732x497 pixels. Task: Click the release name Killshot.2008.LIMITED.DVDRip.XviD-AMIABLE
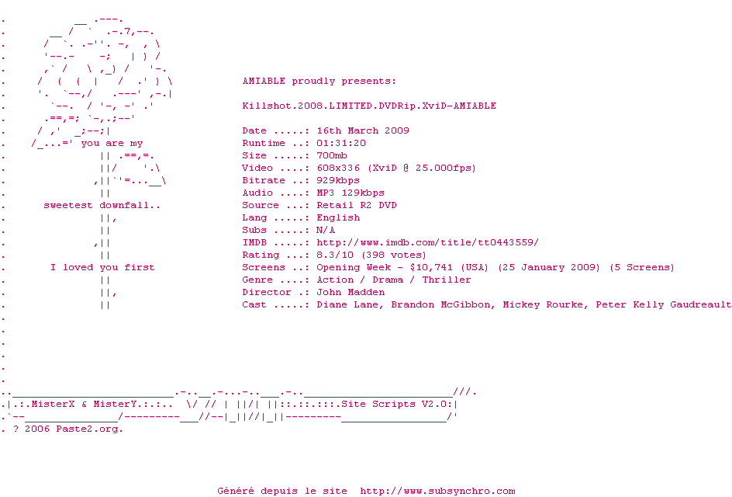[x=369, y=106]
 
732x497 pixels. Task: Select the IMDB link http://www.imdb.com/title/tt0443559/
[x=427, y=242]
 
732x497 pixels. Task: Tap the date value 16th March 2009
[x=363, y=130]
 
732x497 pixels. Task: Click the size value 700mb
[x=332, y=155]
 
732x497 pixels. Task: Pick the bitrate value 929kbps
[x=338, y=180]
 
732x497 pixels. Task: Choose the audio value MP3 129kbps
[x=350, y=193]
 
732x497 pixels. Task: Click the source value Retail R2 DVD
[x=357, y=205]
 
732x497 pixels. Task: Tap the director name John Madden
[x=350, y=292]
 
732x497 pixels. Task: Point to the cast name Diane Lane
[x=347, y=304]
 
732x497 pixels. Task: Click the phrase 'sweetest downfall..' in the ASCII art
[x=102, y=205]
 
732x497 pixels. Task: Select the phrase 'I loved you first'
[x=102, y=267]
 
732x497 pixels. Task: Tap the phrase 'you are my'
[x=112, y=143]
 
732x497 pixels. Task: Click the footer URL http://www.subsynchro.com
[x=437, y=491]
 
